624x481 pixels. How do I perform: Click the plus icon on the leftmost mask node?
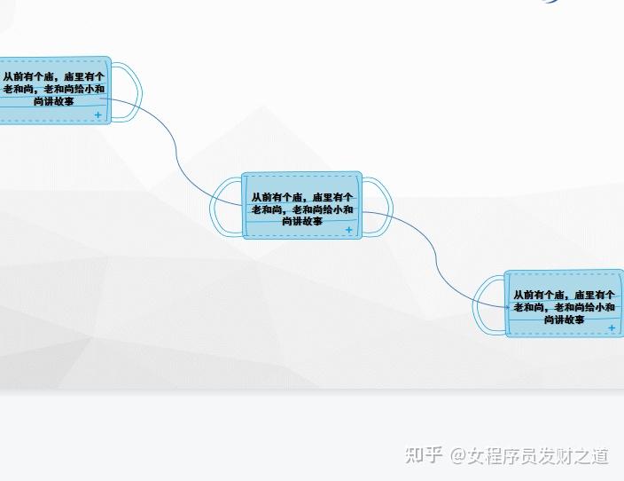click(97, 115)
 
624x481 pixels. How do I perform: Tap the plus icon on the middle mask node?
click(348, 230)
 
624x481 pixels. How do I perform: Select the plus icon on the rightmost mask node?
click(612, 328)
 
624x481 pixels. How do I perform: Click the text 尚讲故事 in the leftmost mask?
click(53, 101)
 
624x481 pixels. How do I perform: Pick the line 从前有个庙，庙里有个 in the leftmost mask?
click(53, 76)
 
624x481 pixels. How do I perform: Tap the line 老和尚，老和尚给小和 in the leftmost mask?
click(53, 89)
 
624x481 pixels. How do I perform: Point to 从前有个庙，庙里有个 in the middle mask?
click(302, 197)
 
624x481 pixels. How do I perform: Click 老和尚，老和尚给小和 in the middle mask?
click(302, 209)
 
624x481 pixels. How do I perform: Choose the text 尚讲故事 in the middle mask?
click(302, 221)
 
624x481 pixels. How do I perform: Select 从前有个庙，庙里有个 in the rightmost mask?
click(565, 295)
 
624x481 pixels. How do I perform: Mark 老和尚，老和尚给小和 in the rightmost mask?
click(565, 307)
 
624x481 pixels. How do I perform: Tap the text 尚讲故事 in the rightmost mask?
click(565, 319)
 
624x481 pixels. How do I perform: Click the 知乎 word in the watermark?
click(424, 456)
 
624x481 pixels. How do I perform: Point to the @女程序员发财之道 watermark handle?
click(529, 456)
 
